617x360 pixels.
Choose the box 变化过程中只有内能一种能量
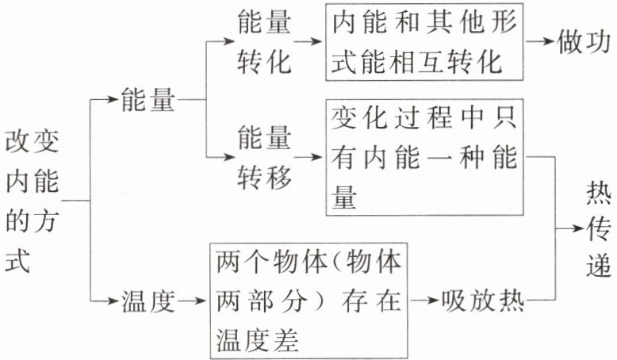[x=424, y=156]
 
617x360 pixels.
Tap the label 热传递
[x=598, y=230]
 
